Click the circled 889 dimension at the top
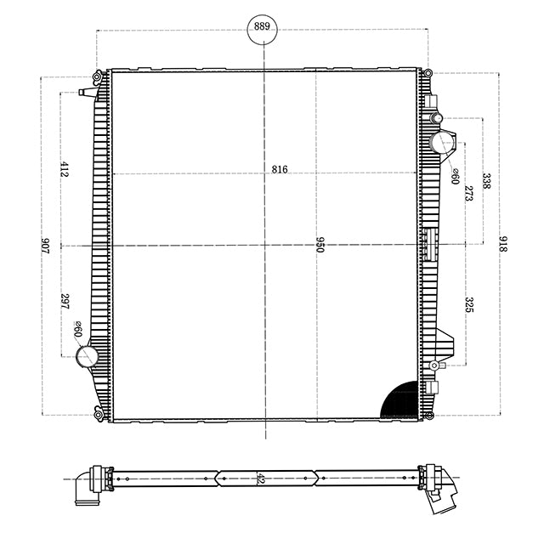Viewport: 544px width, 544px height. point(262,26)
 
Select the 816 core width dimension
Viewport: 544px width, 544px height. point(280,169)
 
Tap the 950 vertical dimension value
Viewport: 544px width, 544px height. point(320,246)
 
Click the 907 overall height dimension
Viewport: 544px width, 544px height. point(45,246)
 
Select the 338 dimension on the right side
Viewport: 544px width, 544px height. point(486,180)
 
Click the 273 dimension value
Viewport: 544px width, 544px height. point(468,193)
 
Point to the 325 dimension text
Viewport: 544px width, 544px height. point(468,304)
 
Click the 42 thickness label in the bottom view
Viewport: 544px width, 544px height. point(258,479)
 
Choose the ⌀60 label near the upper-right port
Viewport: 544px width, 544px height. point(456,176)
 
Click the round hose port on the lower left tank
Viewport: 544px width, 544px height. point(87,357)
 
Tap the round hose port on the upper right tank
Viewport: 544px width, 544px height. point(441,142)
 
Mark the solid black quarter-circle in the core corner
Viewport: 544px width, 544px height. point(402,400)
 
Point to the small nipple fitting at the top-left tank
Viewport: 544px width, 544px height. point(86,92)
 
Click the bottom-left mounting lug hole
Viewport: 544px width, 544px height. point(99,415)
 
